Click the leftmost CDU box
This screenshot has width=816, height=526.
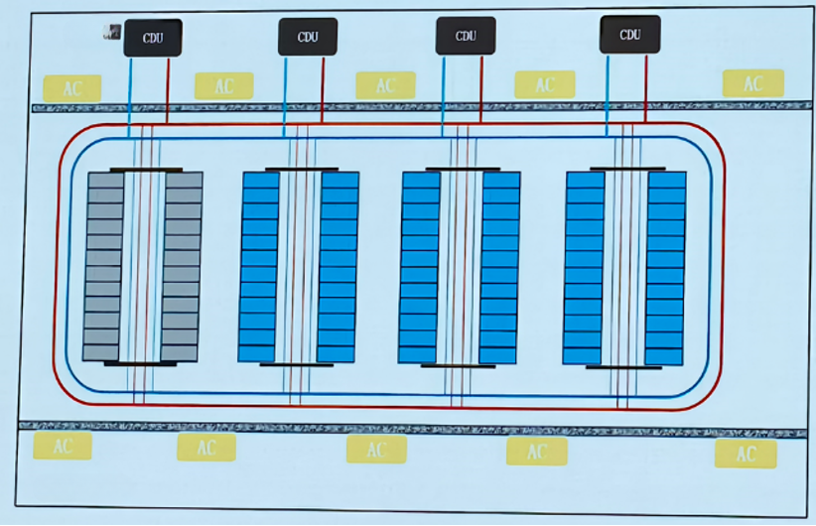tap(153, 38)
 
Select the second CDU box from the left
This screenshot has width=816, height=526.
tap(308, 37)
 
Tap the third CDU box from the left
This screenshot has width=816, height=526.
tap(466, 36)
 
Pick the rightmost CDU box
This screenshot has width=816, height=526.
tap(629, 35)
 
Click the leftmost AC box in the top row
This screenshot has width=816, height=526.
tap(71, 88)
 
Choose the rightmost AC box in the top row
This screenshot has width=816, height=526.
tap(753, 83)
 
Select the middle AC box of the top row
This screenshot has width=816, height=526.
tap(385, 85)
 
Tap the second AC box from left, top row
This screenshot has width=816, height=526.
tap(223, 85)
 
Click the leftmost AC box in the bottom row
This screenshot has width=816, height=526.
tap(63, 446)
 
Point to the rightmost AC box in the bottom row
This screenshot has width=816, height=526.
tap(746, 454)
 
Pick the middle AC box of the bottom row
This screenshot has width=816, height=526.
tap(376, 450)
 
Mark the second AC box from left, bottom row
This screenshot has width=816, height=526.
tap(206, 448)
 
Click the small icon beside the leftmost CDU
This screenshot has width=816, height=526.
tap(112, 33)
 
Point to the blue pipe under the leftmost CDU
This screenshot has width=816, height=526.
tap(130, 97)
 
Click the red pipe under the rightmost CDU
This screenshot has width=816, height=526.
tap(646, 88)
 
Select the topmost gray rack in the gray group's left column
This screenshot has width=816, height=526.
tap(106, 180)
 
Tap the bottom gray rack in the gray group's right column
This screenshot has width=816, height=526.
tap(179, 352)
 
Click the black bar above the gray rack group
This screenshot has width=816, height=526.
tap(146, 170)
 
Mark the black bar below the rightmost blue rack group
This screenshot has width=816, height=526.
tap(623, 367)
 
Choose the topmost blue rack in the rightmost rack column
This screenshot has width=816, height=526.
tap(668, 180)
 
